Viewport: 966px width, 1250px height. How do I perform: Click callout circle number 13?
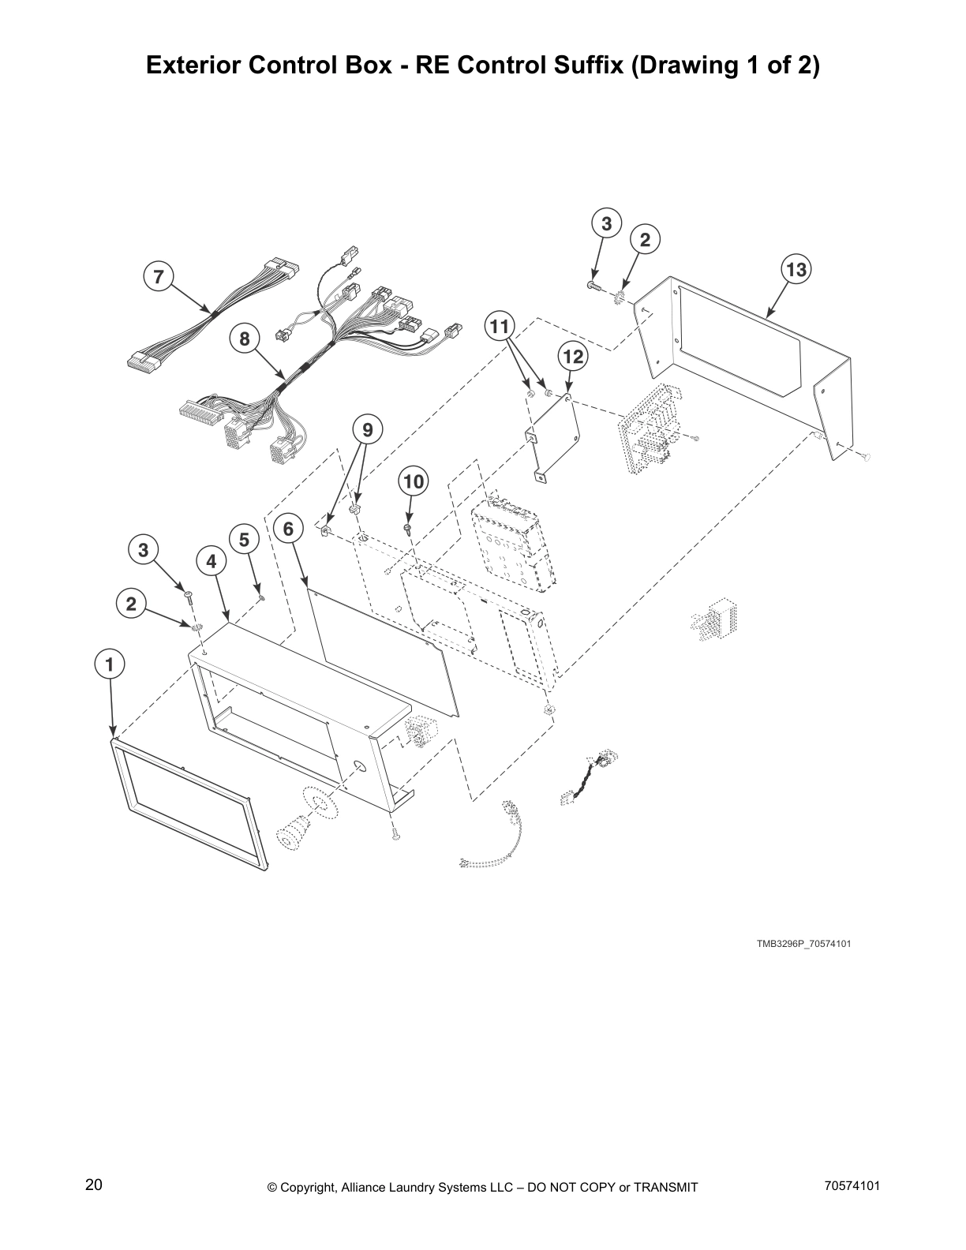pyautogui.click(x=796, y=270)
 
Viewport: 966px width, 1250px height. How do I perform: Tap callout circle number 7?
pyautogui.click(x=159, y=276)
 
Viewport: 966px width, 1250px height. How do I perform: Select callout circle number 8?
pyautogui.click(x=245, y=339)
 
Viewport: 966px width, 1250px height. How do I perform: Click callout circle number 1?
pyautogui.click(x=110, y=664)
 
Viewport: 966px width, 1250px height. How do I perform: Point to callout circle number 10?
pyautogui.click(x=414, y=481)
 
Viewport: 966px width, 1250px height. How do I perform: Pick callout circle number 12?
pyautogui.click(x=573, y=357)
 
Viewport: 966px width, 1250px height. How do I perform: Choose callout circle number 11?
pyautogui.click(x=500, y=325)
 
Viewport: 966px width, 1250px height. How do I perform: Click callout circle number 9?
pyautogui.click(x=367, y=429)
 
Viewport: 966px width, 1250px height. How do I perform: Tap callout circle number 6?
pyautogui.click(x=288, y=528)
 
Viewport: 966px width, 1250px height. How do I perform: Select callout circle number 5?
pyautogui.click(x=244, y=540)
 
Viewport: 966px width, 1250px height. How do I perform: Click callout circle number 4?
pyautogui.click(x=211, y=561)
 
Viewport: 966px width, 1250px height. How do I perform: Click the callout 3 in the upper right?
pyautogui.click(x=606, y=223)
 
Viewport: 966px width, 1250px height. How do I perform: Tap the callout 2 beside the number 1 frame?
pyautogui.click(x=131, y=604)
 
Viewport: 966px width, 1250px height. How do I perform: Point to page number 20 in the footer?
pyautogui.click(x=93, y=1185)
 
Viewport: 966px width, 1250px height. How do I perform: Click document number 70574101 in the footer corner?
pyautogui.click(x=851, y=1185)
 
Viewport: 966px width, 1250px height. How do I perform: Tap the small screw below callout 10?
pyautogui.click(x=408, y=527)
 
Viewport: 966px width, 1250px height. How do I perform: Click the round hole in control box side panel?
pyautogui.click(x=357, y=766)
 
